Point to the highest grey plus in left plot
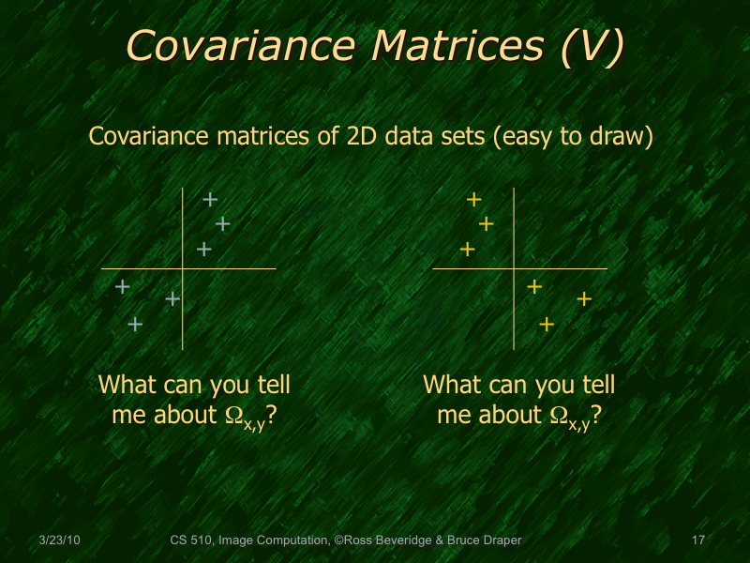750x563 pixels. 210,199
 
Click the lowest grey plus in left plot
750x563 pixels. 135,324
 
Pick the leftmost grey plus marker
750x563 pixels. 122,287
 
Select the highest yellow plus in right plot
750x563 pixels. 473,199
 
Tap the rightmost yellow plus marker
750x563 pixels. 584,299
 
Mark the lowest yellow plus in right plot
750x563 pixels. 547,325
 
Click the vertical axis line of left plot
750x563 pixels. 183,310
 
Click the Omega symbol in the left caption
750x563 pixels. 224,415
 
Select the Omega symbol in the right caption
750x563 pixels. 557,415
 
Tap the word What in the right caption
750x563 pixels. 451,385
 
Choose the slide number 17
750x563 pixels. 697,540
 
